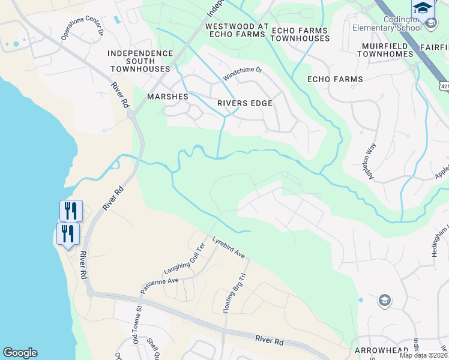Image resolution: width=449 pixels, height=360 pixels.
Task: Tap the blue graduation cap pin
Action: click(422, 10)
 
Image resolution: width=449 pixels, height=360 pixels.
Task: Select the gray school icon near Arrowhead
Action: click(384, 300)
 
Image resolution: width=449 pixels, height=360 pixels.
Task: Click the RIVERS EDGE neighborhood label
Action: click(245, 103)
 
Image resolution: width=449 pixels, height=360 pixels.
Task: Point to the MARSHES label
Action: click(168, 97)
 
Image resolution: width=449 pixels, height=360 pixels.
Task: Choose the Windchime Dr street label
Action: click(243, 74)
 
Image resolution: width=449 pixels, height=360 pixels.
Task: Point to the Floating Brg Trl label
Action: click(235, 294)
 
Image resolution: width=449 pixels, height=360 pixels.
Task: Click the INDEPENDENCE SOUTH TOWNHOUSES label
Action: click(140, 61)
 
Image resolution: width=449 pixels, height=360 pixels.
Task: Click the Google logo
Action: click(20, 353)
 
